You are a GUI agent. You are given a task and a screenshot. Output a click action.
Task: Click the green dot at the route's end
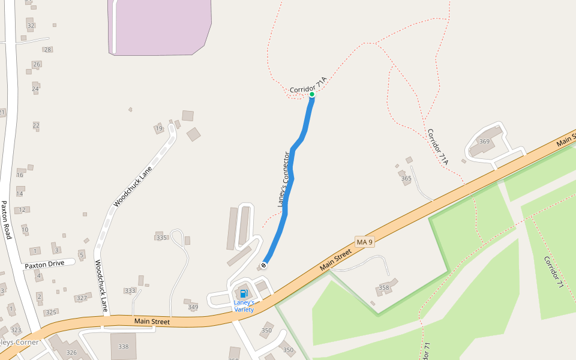(x=312, y=94)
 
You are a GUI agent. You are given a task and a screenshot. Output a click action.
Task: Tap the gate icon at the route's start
(x=263, y=265)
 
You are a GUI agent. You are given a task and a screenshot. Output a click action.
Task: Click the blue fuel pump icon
(x=244, y=293)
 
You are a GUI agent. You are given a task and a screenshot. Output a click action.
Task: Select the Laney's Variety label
(x=244, y=305)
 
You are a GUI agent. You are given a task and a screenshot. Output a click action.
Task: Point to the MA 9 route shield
(x=364, y=242)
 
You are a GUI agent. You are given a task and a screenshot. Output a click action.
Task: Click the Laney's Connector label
(x=284, y=180)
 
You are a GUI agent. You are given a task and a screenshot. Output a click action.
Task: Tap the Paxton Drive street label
(x=44, y=263)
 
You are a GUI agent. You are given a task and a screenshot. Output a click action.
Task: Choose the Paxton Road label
(x=7, y=220)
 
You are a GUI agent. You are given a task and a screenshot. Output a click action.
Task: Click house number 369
(x=484, y=142)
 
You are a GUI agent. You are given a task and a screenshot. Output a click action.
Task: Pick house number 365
(x=406, y=178)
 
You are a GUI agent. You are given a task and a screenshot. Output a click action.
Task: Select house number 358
(x=384, y=288)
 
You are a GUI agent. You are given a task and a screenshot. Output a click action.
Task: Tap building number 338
(x=124, y=346)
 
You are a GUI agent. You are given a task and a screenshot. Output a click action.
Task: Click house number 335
(x=161, y=238)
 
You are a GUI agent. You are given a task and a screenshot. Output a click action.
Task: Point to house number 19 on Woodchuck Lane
(x=159, y=128)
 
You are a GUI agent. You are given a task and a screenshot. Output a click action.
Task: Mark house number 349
(x=193, y=307)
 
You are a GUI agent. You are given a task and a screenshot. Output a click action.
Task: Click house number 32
(x=31, y=25)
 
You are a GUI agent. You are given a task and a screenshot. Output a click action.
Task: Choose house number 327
(x=82, y=298)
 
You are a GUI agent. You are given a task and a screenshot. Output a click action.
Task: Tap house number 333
(x=130, y=290)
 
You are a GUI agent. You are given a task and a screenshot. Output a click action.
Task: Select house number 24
(x=35, y=89)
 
